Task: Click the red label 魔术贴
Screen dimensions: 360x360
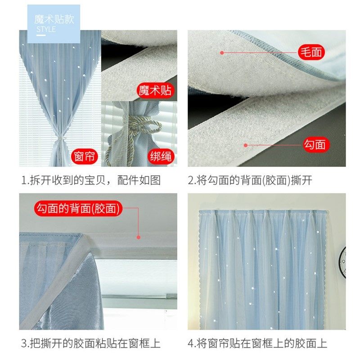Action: (155, 90)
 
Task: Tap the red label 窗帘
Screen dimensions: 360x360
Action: (85, 157)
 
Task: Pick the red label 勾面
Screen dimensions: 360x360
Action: (314, 144)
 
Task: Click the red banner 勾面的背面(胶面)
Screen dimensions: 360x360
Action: (79, 208)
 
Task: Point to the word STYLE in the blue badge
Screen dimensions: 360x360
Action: (46, 30)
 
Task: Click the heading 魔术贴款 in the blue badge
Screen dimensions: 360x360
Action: (54, 20)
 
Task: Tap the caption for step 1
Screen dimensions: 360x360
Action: (90, 180)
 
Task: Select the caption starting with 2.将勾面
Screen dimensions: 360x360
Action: (250, 180)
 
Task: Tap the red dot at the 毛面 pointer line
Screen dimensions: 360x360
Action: (222, 53)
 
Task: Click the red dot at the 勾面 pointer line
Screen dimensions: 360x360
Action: (245, 145)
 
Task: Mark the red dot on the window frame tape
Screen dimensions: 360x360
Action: (139, 237)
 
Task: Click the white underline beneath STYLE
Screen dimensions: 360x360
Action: (40, 35)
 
